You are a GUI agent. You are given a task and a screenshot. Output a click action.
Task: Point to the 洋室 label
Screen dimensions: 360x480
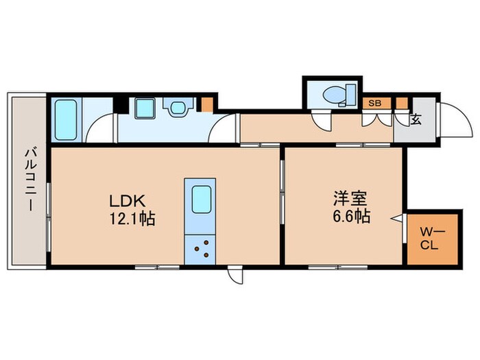click(x=349, y=200)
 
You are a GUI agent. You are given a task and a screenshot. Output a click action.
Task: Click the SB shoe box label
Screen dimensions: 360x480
click(x=374, y=104)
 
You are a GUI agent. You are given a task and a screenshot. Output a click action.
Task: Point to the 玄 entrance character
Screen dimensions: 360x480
click(x=416, y=119)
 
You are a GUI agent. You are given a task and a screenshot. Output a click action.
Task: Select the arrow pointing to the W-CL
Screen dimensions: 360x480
click(x=396, y=218)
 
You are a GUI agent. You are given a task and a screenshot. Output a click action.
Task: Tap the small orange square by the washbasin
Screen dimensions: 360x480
click(x=206, y=105)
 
